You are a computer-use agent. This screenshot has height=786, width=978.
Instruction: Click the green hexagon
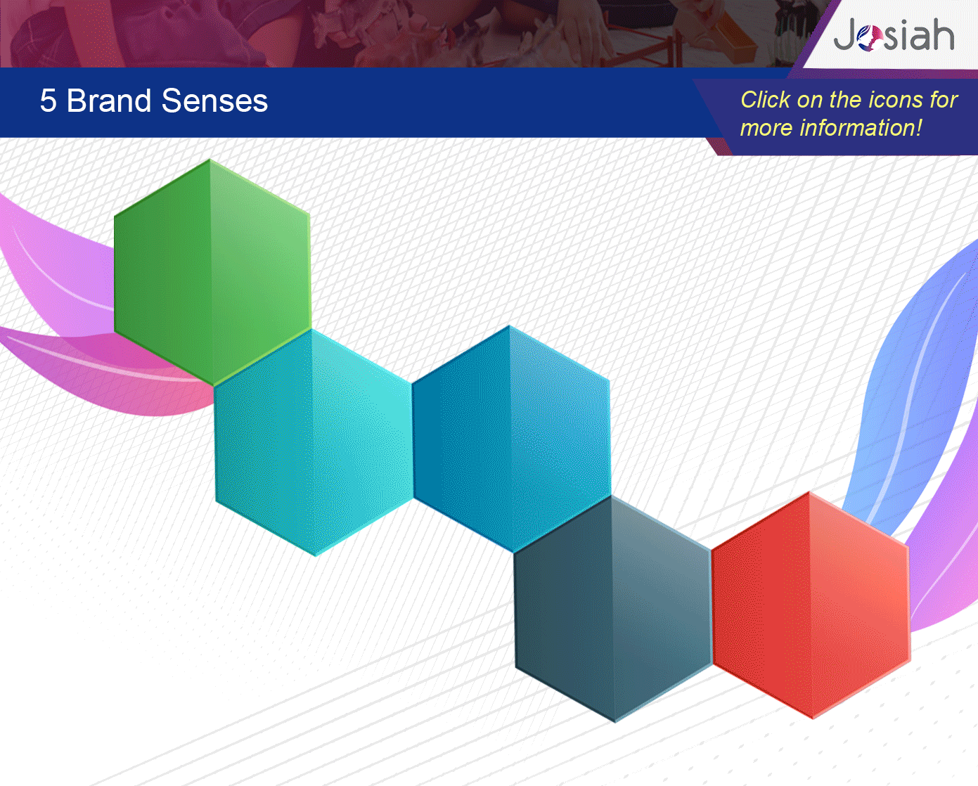[212, 272]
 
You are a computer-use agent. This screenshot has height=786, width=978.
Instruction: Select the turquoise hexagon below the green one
[314, 442]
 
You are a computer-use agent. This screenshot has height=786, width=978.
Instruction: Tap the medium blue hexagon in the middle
[511, 439]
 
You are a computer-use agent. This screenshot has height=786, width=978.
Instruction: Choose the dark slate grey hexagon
[613, 609]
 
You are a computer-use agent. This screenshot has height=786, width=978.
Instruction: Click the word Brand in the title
[108, 101]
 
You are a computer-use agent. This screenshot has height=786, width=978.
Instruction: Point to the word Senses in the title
[214, 101]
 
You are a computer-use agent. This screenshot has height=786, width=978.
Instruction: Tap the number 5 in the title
[48, 101]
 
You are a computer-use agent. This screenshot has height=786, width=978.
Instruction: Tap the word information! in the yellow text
[861, 128]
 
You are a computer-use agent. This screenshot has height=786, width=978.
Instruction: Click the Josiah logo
[894, 35]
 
